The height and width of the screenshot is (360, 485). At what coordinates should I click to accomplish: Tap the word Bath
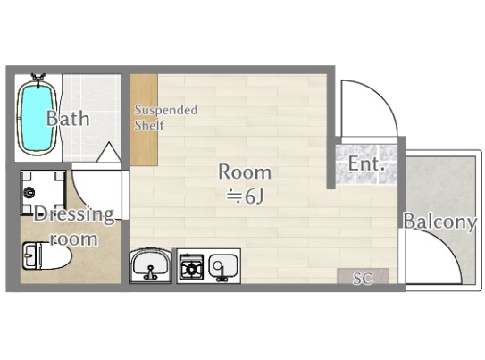point(68,118)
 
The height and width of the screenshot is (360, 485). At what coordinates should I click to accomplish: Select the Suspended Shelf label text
point(166,117)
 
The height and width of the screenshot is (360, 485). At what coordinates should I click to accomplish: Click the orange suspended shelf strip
point(144,120)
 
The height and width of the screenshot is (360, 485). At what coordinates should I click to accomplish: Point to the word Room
point(245,172)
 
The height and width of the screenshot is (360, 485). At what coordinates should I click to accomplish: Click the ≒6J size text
point(246,197)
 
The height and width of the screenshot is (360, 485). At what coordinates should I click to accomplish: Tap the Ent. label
point(366,163)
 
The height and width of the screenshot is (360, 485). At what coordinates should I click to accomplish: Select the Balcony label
point(439,222)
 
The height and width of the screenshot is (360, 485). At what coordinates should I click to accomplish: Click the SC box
point(363,276)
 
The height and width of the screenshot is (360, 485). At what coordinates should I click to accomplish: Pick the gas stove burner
point(192,267)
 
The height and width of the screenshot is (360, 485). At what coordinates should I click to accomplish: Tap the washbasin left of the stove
point(151,265)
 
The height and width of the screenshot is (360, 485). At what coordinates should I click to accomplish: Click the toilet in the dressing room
point(46,255)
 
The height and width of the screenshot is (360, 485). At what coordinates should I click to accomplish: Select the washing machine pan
point(43,193)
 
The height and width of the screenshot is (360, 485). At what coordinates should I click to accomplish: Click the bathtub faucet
point(38,79)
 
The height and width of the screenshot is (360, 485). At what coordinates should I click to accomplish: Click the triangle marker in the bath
point(109,152)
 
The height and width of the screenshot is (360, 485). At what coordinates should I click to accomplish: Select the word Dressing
point(74,214)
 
